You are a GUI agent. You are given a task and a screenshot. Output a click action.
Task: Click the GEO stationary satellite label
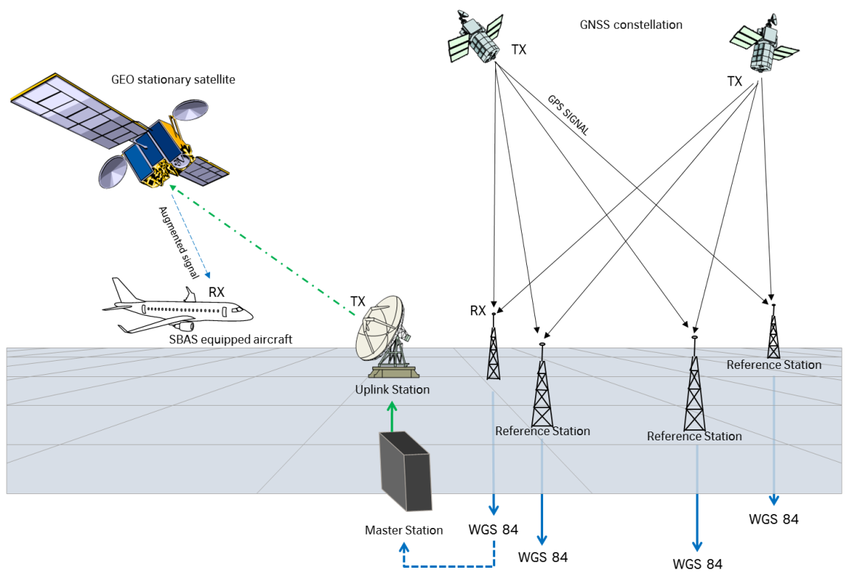coord(173,80)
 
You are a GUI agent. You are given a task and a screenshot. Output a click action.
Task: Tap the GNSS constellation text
coord(631,25)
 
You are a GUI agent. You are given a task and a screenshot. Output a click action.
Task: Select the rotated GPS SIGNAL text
coord(568,115)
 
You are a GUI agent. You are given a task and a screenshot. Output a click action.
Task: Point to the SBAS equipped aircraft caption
coord(231,339)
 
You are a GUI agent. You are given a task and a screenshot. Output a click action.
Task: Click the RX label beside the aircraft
coord(217,292)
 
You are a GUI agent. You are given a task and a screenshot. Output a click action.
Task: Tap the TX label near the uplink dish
coord(357,302)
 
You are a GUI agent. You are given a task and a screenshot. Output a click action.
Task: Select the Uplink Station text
coord(391,390)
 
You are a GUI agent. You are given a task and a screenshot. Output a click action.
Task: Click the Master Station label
coord(404,530)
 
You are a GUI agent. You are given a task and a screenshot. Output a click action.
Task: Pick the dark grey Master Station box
coord(405,472)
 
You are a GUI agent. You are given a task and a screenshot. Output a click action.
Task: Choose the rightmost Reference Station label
coord(774,365)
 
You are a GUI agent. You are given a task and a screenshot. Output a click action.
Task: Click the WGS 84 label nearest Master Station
coord(493,529)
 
